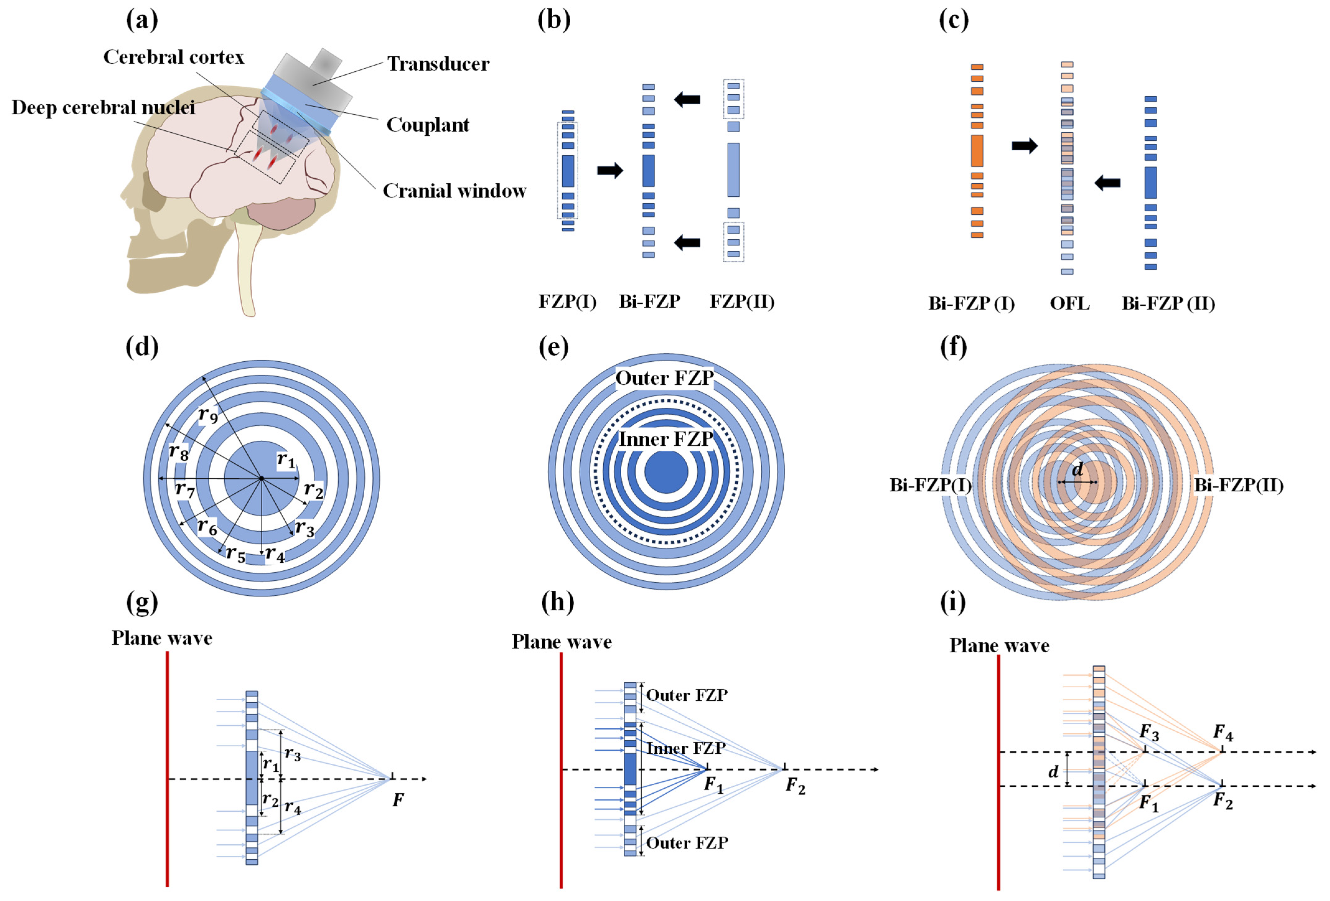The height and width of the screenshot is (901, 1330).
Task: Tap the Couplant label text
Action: pos(427,125)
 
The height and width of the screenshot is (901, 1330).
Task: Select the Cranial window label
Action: pos(454,190)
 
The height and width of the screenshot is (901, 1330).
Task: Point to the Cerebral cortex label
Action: pos(173,57)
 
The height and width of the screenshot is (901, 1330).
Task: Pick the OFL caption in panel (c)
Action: pos(1069,303)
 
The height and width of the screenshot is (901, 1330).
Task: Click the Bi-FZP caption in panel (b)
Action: pos(650,302)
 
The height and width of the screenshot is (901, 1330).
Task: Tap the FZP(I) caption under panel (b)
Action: pos(567,302)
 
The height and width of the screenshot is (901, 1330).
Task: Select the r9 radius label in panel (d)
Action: pos(208,415)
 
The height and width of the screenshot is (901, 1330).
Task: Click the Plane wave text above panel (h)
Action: pos(562,642)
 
